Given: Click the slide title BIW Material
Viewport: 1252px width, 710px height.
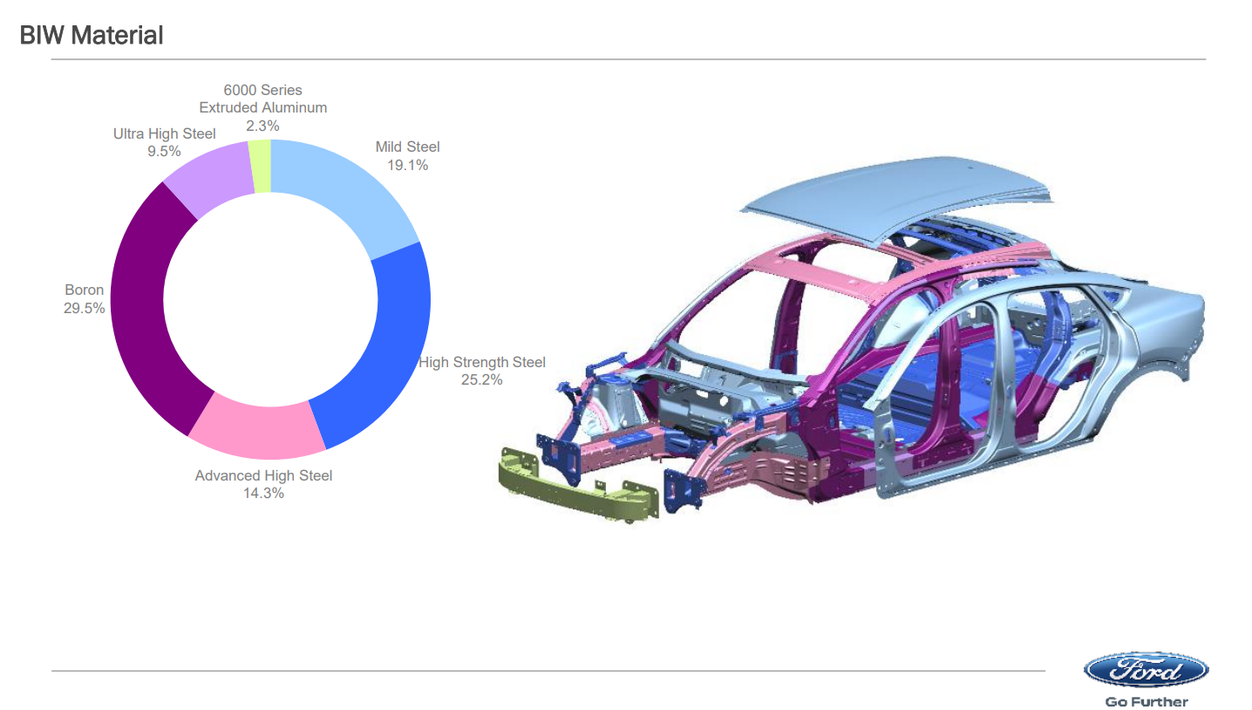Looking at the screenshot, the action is pos(91,35).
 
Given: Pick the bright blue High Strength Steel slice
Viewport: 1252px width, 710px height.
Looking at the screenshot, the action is pos(380,346).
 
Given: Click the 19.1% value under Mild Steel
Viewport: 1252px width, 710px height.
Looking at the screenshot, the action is pos(407,166).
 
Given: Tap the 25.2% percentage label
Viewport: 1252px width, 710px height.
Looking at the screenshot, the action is pos(482,380).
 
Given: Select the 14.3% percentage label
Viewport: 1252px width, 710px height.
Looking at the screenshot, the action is pos(263,494).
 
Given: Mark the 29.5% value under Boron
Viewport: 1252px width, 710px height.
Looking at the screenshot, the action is pos(84,309).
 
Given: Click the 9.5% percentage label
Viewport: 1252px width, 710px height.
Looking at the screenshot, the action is pos(164,152).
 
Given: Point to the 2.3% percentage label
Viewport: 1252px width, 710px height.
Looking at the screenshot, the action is pos(262,126).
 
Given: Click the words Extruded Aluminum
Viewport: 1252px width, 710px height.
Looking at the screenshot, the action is pos(262,108).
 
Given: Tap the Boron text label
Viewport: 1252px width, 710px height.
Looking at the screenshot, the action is pos(84,290).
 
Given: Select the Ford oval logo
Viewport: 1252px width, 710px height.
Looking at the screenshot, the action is pos(1146,669).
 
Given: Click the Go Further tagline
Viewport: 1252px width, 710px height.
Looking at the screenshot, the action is pos(1147,701).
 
